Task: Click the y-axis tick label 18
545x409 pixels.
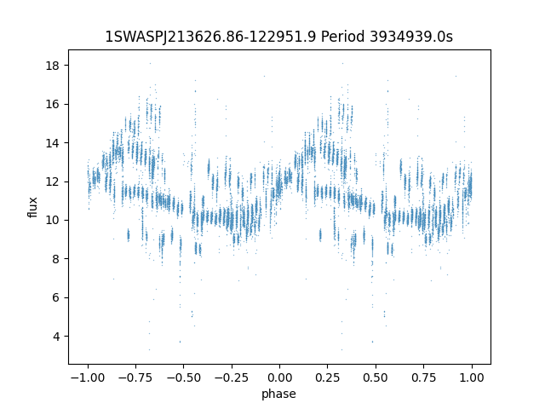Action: (52, 66)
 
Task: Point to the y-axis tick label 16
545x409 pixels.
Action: (52, 104)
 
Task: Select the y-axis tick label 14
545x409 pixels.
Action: (52, 143)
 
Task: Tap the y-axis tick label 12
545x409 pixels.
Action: (52, 181)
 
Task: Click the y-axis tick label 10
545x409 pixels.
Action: (52, 220)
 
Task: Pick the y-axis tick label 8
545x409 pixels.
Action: (55, 259)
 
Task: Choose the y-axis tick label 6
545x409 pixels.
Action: (55, 297)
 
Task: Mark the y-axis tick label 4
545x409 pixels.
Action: (55, 337)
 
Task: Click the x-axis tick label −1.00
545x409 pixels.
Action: (88, 377)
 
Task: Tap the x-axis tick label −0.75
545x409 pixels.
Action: (135, 377)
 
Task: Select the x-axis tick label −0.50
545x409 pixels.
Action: (184, 377)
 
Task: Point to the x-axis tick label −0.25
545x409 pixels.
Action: (232, 377)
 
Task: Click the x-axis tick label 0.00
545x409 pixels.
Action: (279, 377)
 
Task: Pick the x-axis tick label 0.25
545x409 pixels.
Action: (327, 377)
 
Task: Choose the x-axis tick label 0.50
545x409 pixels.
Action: (376, 377)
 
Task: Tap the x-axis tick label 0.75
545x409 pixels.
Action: (423, 377)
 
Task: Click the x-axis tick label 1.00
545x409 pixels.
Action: (471, 377)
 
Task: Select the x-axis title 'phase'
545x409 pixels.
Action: (278, 394)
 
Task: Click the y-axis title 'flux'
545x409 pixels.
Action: (32, 207)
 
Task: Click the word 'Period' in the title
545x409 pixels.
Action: (342, 37)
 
